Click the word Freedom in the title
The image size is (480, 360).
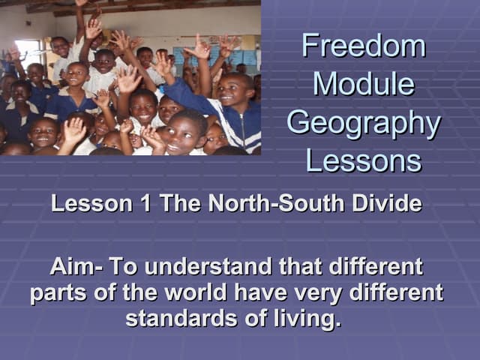364,46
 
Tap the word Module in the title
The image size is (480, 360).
364,84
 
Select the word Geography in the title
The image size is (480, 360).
364,123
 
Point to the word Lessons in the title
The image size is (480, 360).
364,160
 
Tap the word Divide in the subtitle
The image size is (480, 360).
386,203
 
